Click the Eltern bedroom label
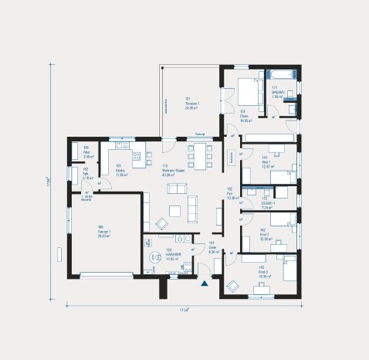point(245,118)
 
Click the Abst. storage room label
point(87,149)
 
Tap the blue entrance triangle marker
point(205,284)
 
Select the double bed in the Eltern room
point(248,91)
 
